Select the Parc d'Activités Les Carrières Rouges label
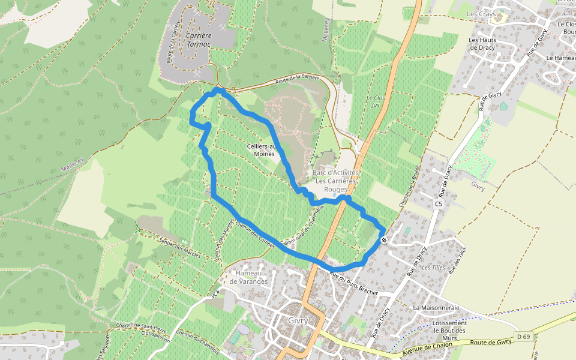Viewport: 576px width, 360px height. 336,181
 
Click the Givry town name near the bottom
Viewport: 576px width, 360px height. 298,320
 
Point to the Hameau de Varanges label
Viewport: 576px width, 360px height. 248,277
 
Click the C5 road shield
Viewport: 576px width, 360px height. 439,204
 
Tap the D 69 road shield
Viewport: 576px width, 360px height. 523,337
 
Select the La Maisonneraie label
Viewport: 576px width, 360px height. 436,307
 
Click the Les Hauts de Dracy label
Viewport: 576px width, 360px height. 482,44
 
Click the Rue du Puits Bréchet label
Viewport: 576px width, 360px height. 354,283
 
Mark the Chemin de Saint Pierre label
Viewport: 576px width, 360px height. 142,329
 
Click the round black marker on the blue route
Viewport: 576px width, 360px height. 384,240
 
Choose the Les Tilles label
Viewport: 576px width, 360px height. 433,268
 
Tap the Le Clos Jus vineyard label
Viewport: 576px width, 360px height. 376,101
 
